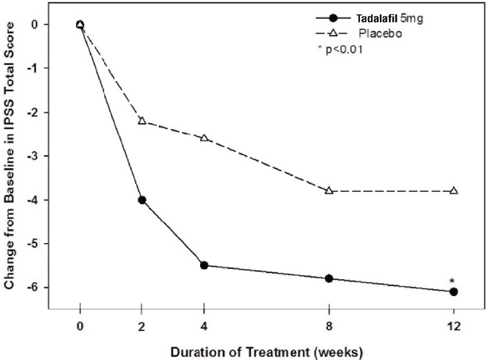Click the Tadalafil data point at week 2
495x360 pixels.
(x=141, y=200)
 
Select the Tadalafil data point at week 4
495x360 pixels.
(x=204, y=265)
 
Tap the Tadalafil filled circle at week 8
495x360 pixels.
(x=329, y=279)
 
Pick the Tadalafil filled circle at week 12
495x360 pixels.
(x=454, y=291)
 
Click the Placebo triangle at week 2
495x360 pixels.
(x=141, y=120)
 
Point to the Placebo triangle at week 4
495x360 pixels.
(x=204, y=138)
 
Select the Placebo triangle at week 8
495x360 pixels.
(x=329, y=190)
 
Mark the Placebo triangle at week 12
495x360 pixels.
(x=454, y=190)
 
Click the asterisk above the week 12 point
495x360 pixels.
(x=452, y=281)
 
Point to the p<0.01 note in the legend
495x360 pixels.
(x=341, y=49)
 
